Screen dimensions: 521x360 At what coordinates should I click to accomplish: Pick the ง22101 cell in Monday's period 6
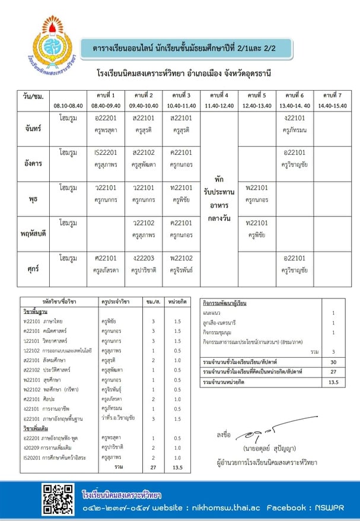tap(294, 123)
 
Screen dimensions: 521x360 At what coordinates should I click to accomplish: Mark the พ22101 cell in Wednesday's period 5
tap(256, 193)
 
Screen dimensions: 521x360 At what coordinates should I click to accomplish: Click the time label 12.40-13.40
tap(256, 106)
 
